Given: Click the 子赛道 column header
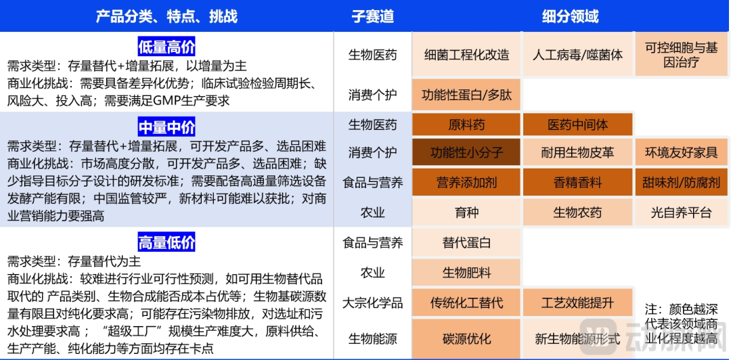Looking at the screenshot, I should click(x=372, y=16).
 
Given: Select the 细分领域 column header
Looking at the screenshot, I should click(x=570, y=16).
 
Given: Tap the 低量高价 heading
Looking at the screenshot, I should click(x=166, y=47).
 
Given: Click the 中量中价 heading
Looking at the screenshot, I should click(x=166, y=127).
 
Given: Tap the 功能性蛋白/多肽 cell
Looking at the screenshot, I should click(x=466, y=95).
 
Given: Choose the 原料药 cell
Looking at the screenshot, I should click(x=466, y=125).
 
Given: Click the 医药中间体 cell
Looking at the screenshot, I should click(x=577, y=125).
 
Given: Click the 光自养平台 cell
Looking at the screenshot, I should click(x=681, y=212).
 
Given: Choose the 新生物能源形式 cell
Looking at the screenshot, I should click(x=577, y=339).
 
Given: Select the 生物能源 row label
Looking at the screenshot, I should click(x=372, y=339).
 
